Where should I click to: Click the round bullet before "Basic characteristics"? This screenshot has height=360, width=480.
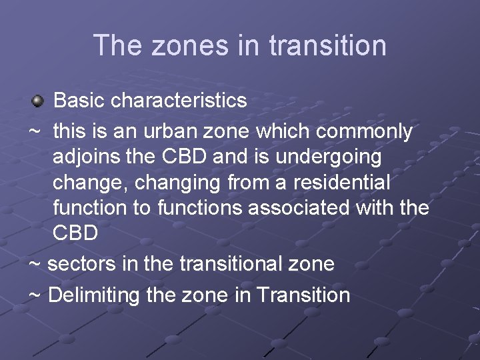(x=37, y=101)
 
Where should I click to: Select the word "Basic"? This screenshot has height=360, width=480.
(x=79, y=101)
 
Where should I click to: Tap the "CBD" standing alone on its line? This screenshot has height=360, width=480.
(x=75, y=233)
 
